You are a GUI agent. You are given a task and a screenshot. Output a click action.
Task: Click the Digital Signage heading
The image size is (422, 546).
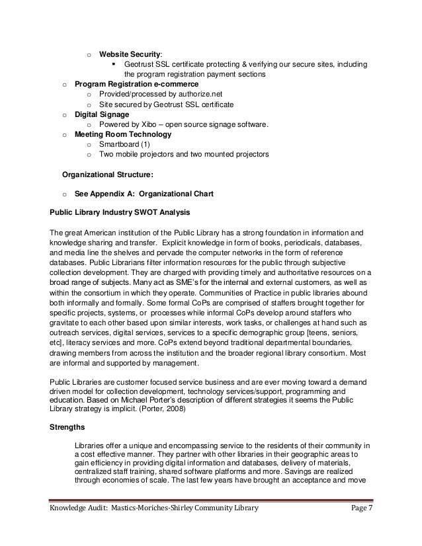pos(102,114)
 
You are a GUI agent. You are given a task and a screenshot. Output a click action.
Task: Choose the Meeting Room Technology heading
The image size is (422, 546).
pos(123,134)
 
